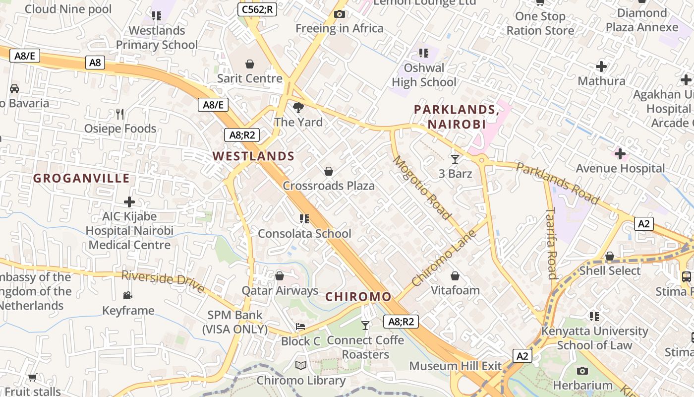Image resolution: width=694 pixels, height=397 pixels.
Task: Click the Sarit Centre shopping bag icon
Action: pyautogui.click(x=250, y=64)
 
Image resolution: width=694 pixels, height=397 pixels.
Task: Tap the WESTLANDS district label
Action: pyautogui.click(x=253, y=156)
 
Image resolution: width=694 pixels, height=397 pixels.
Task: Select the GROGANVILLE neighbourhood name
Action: pyautogui.click(x=81, y=179)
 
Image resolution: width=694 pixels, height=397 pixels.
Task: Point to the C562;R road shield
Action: pyautogui.click(x=257, y=9)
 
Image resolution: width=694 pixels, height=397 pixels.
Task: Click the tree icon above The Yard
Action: pyautogui.click(x=298, y=107)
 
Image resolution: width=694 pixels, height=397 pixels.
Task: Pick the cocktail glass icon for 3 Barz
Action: pyautogui.click(x=455, y=159)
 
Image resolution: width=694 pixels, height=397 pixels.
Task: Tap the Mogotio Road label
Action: pyautogui.click(x=422, y=188)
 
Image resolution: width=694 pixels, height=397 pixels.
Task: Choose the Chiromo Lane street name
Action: pyautogui.click(x=444, y=258)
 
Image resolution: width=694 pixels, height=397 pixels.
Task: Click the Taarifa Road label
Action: pyautogui.click(x=551, y=243)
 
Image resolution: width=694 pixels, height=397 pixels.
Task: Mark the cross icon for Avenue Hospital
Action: pyautogui.click(x=620, y=154)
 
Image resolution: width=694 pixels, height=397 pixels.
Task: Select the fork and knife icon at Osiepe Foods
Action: pyautogui.click(x=119, y=114)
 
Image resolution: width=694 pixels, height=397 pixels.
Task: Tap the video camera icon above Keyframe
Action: pyautogui.click(x=128, y=296)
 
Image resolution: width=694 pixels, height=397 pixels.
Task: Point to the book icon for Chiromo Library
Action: pyautogui.click(x=301, y=366)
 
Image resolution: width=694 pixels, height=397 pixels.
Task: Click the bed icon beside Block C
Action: pyautogui.click(x=300, y=327)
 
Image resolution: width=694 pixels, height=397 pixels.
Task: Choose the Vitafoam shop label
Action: pyautogui.click(x=455, y=290)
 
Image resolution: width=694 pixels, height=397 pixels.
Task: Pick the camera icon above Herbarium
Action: pyautogui.click(x=582, y=371)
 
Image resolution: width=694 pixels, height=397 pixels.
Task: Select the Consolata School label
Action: pyautogui.click(x=304, y=234)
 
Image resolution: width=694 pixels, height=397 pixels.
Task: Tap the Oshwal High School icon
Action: pyautogui.click(x=423, y=53)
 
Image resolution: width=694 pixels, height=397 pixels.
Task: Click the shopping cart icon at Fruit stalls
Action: pyautogui.click(x=33, y=378)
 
